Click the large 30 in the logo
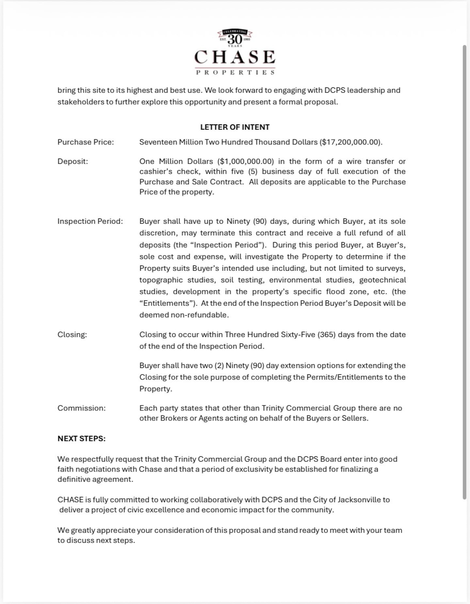click(235, 40)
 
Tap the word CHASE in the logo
click(235, 57)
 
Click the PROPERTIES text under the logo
click(235, 72)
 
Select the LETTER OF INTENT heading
click(235, 127)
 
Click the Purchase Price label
click(86, 142)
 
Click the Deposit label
click(73, 161)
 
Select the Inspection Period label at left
click(90, 221)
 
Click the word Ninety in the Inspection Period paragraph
click(238, 221)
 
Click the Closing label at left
click(72, 334)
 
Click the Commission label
click(82, 408)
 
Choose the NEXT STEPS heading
click(82, 438)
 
